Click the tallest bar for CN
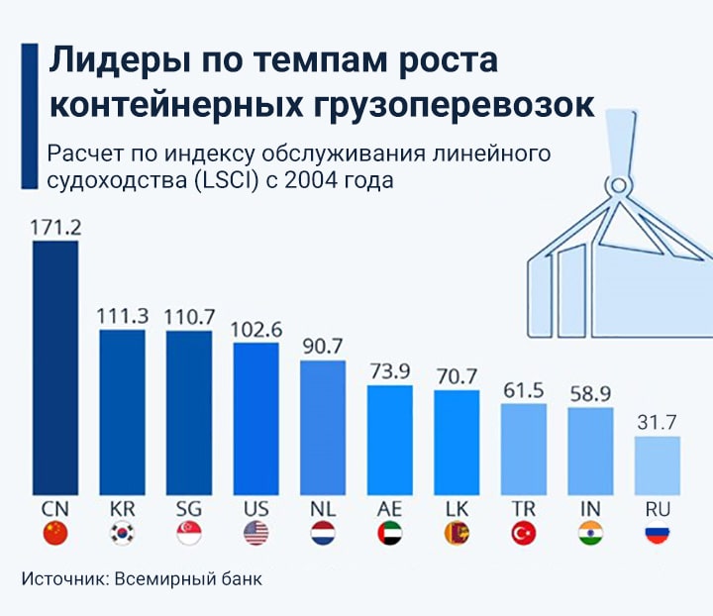point(55,366)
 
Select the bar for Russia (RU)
point(657,464)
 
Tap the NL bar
point(322,427)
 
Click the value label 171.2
point(55,227)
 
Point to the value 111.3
point(122,316)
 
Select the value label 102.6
point(255,329)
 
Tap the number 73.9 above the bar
point(389,371)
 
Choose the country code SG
point(188,508)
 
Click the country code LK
point(456,508)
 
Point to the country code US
point(255,508)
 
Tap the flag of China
point(55,534)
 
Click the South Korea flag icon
point(122,534)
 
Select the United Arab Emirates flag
point(389,534)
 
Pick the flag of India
point(590,534)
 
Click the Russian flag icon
point(657,534)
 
